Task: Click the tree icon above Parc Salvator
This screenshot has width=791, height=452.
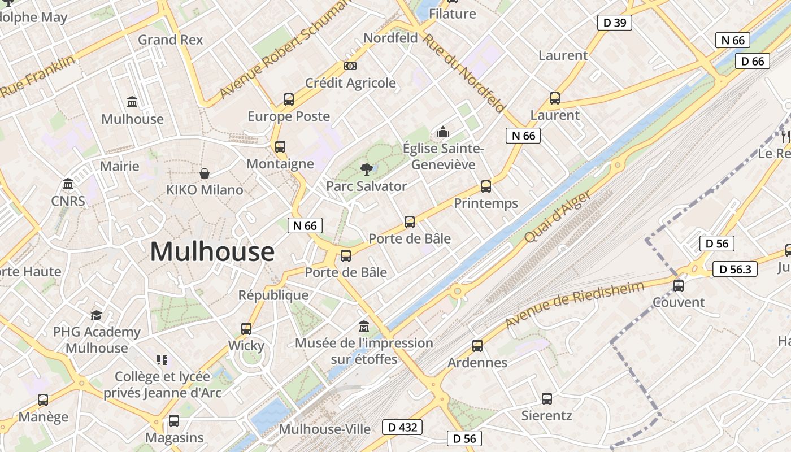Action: [367, 168]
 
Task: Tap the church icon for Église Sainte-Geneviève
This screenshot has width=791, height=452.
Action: [443, 132]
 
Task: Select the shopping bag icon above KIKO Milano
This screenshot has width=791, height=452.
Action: [205, 173]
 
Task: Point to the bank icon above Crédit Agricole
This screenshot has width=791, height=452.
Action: [350, 66]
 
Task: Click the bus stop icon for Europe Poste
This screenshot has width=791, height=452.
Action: [289, 99]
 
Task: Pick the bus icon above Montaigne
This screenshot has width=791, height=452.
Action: [280, 147]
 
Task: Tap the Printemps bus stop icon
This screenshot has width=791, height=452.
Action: [485, 186]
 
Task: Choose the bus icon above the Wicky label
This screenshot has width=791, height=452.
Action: [246, 329]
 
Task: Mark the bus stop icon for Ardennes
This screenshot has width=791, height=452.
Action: [477, 346]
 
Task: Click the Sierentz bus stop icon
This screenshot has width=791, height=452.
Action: [546, 399]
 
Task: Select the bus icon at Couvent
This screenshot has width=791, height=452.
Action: [679, 286]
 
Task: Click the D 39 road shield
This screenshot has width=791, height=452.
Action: [614, 23]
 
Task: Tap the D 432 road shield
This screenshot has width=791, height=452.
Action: [403, 427]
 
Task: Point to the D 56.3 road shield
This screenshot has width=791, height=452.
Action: [734, 269]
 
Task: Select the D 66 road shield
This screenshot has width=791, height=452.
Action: [753, 61]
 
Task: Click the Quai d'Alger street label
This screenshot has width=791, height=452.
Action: [557, 216]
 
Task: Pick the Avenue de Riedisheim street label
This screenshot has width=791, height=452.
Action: [574, 305]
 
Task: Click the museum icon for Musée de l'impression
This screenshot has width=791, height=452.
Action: [364, 327]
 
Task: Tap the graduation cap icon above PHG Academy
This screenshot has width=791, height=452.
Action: [97, 315]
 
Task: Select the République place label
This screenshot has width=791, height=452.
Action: [273, 295]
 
